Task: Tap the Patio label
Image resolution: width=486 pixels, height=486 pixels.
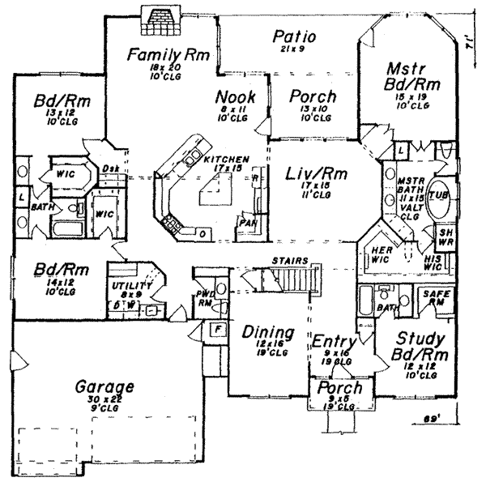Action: (x=293, y=36)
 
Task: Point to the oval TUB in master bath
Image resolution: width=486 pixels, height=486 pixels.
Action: (x=440, y=196)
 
